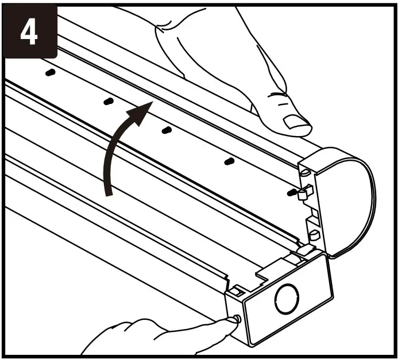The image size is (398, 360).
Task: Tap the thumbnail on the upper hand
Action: pyautogui.click(x=296, y=121)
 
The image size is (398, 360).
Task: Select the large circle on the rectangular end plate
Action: pyautogui.click(x=287, y=299)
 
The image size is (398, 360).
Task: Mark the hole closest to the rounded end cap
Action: pyautogui.click(x=292, y=191)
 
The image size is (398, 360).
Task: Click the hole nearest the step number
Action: pyautogui.click(x=50, y=73)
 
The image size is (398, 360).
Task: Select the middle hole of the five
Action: pyautogui.click(x=166, y=130)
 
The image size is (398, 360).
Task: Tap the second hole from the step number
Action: pyautogui.click(x=108, y=101)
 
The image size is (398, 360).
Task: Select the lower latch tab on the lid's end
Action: pyautogui.click(x=314, y=234)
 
